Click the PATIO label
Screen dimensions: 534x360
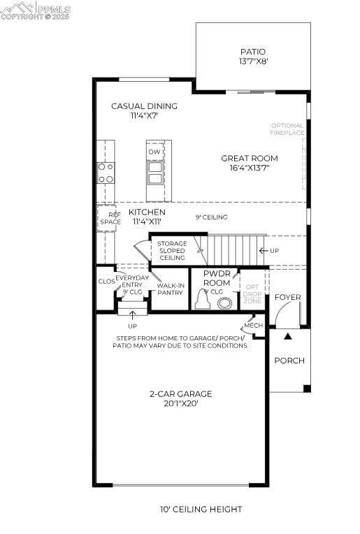point(252,52)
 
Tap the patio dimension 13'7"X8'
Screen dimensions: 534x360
point(252,62)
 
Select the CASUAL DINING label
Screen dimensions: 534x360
point(144,106)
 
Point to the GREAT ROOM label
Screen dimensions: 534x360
point(250,159)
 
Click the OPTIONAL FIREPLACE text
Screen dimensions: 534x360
point(287,129)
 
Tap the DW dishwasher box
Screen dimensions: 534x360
point(154,152)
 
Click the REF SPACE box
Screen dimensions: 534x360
point(110,219)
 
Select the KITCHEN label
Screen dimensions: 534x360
point(147,212)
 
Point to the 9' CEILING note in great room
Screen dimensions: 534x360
point(211,217)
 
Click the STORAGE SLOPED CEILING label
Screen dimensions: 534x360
point(172,251)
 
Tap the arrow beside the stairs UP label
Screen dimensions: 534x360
point(264,250)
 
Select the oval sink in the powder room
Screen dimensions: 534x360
point(225,303)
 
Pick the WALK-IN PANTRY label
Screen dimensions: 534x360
point(170,289)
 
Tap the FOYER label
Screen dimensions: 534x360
point(287,298)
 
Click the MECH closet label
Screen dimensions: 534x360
point(252,326)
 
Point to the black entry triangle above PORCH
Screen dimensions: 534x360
point(287,336)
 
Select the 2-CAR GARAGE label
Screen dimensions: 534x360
point(180,394)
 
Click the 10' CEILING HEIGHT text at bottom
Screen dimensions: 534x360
point(201,510)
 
